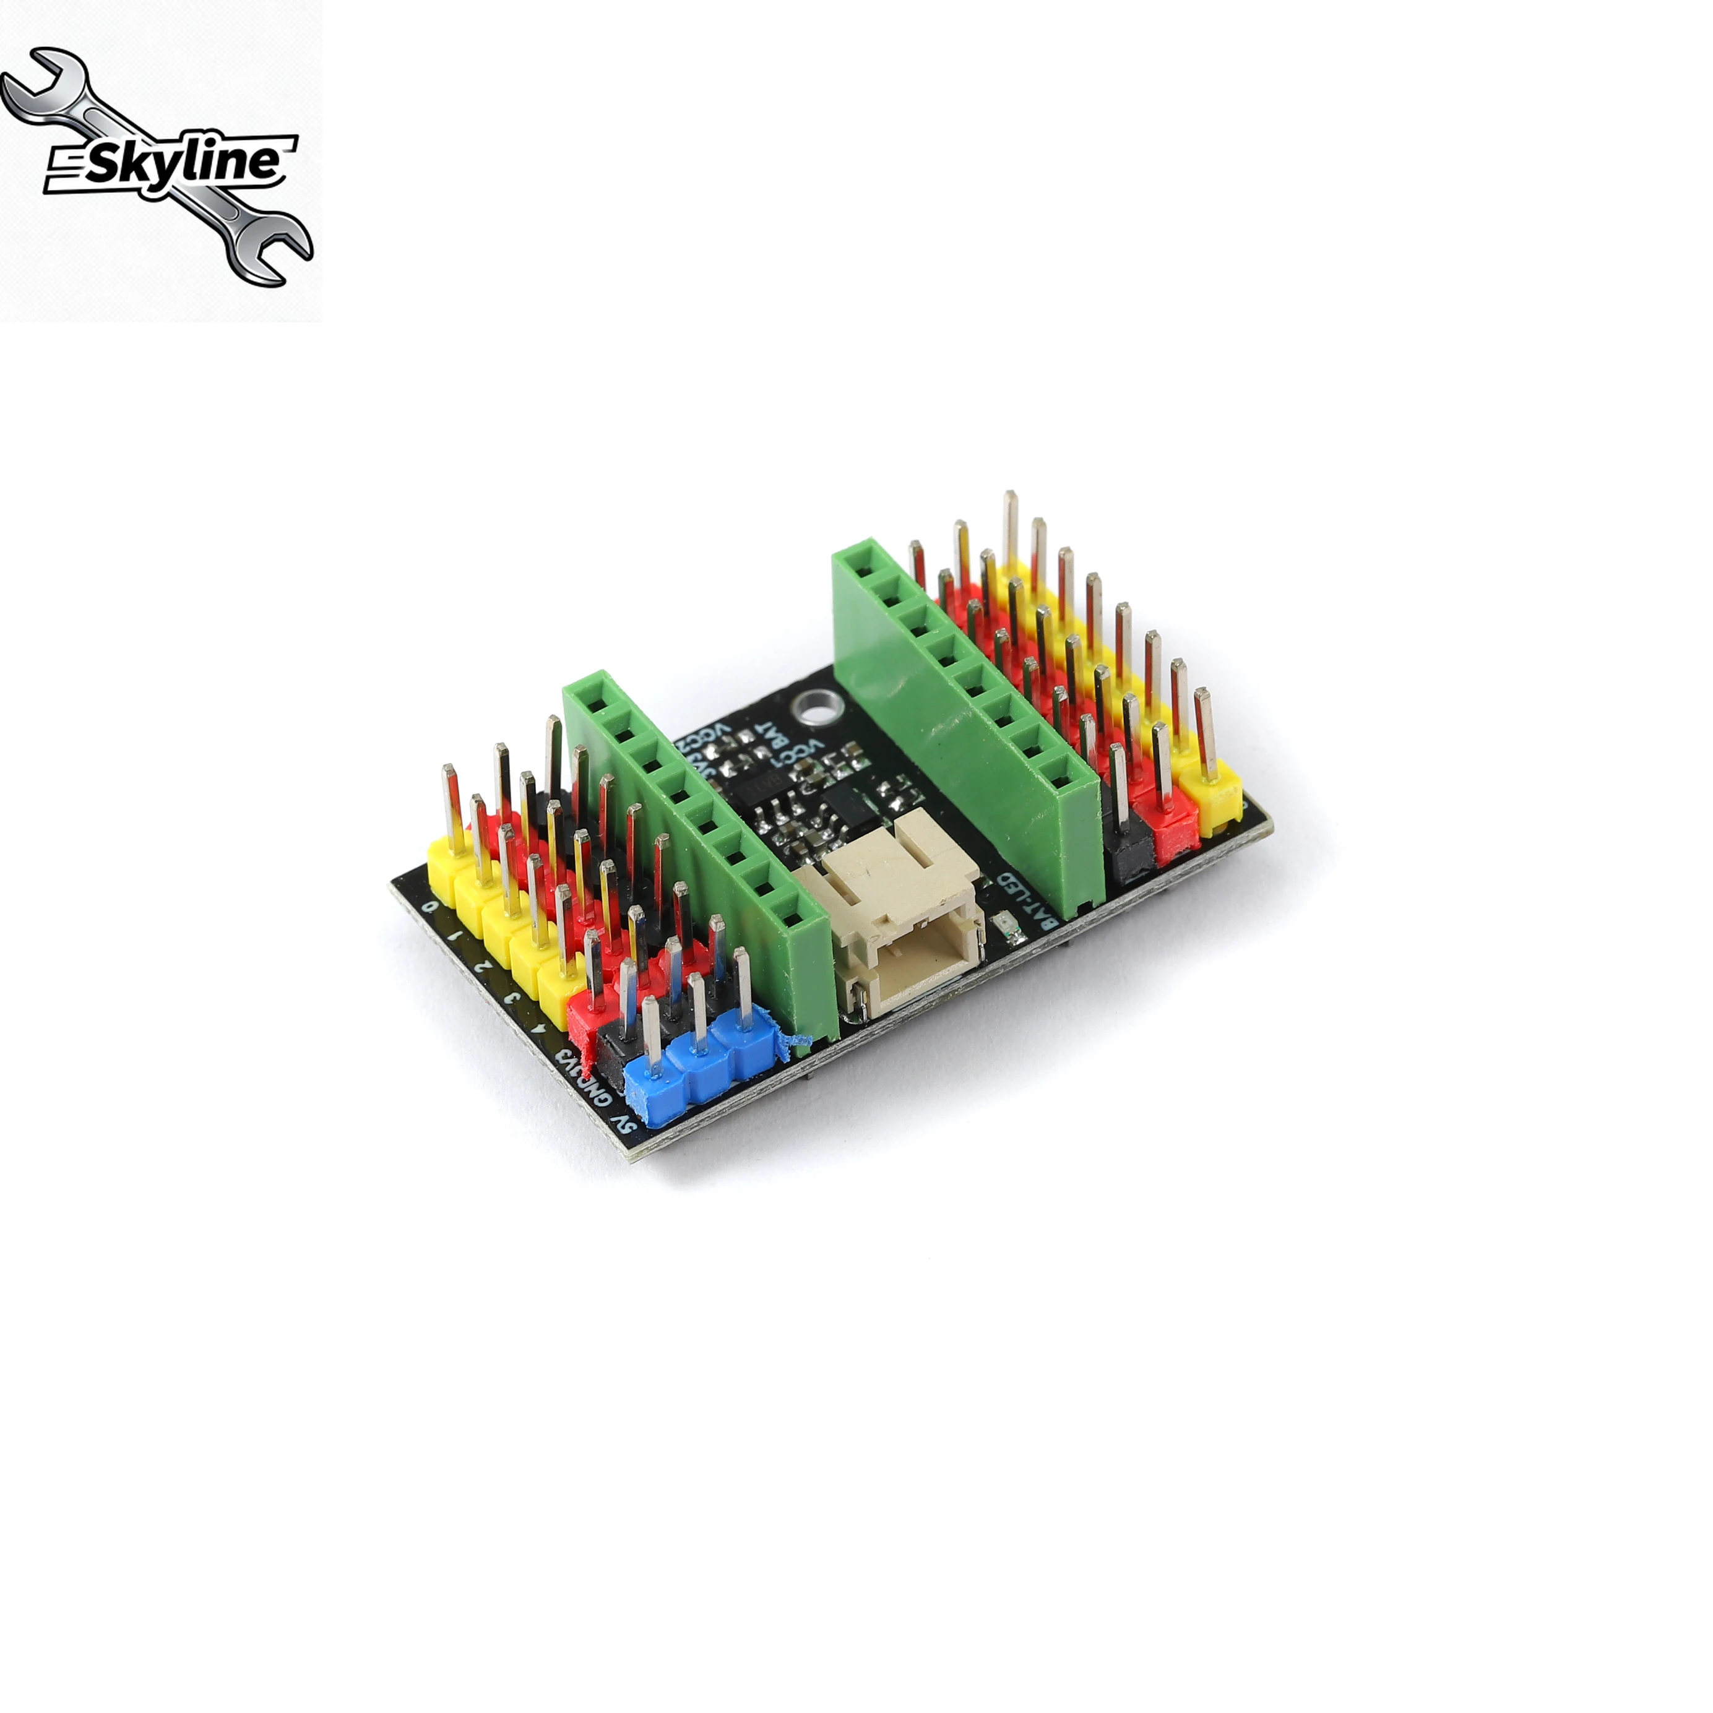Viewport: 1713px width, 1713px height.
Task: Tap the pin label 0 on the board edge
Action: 431,906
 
